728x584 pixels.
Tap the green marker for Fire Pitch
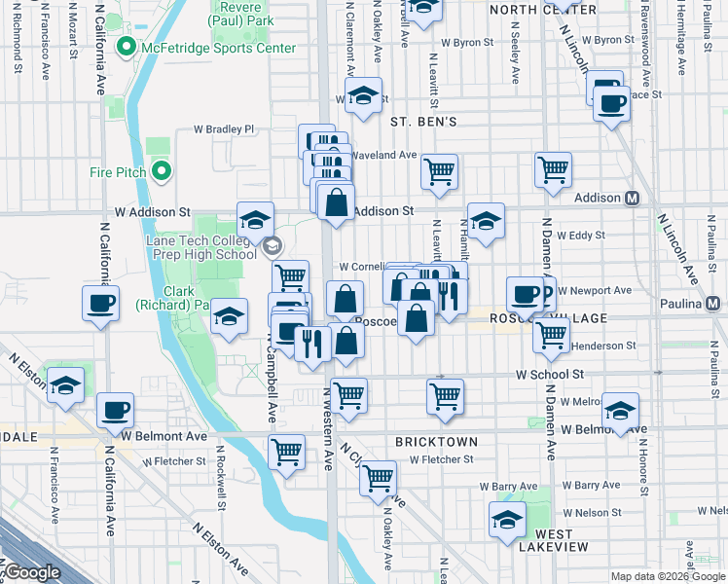point(162,172)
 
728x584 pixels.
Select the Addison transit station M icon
point(632,198)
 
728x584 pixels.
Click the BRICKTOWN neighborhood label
point(433,441)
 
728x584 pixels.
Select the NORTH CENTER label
point(528,9)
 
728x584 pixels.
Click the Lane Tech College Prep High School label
point(201,247)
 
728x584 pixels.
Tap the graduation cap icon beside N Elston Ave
point(65,385)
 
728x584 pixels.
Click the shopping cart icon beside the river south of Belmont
point(286,450)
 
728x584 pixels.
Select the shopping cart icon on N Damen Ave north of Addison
point(553,168)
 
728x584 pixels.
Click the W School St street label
point(549,374)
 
